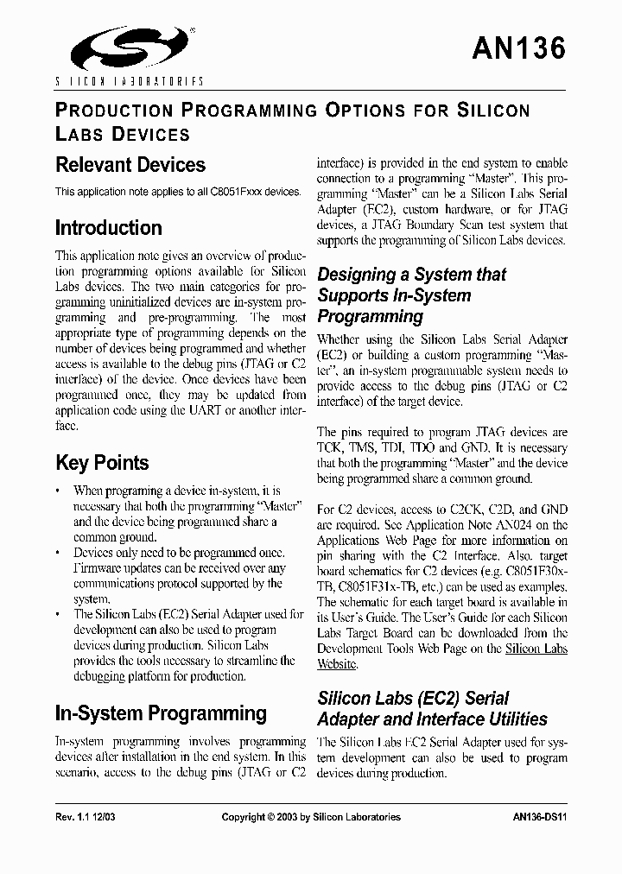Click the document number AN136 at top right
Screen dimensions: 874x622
tap(518, 48)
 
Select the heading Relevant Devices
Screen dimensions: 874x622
tap(130, 165)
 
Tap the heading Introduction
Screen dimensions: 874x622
tap(109, 228)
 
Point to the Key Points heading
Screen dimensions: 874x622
tap(102, 463)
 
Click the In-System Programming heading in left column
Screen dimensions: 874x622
tap(161, 713)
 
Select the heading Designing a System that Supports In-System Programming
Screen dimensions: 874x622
tap(412, 295)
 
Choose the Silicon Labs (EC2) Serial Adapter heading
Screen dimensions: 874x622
tap(432, 708)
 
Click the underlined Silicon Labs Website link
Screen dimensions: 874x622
tap(536, 655)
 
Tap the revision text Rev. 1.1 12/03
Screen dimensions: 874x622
tap(85, 817)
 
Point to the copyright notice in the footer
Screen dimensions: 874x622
tap(311, 817)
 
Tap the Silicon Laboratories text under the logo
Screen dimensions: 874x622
tap(130, 80)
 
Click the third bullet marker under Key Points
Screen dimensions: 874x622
tap(58, 615)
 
